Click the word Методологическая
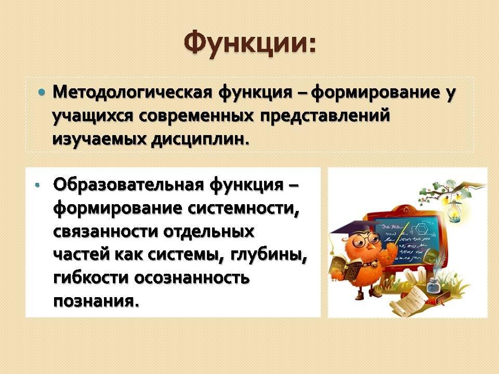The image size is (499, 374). click(132, 92)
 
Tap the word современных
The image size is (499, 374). click(196, 115)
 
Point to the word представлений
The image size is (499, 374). click(325, 116)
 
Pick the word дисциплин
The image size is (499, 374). click(200, 139)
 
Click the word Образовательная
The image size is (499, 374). click(128, 184)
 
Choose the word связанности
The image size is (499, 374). click(106, 232)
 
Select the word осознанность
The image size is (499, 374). click(192, 278)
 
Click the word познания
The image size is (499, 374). click(96, 301)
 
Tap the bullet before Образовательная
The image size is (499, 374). click(38, 185)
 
